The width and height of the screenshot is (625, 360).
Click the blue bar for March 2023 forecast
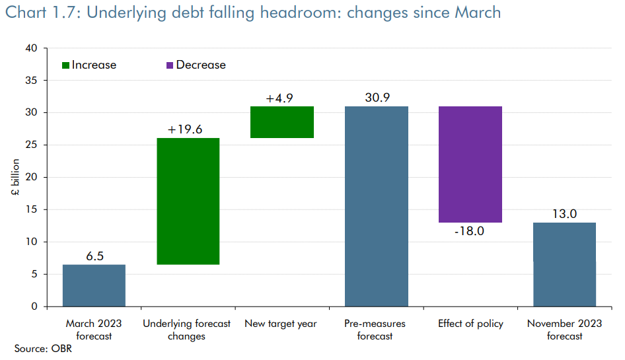[x=94, y=285]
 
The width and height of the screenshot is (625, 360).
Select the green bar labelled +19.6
[x=188, y=201]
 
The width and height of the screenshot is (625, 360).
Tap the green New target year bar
[x=281, y=122]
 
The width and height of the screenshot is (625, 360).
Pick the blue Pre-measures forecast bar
[x=377, y=206]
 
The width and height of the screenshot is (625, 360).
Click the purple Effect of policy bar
[x=470, y=164]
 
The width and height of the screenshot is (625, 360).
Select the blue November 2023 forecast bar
[x=564, y=264]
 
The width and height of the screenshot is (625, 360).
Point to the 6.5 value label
[x=94, y=256]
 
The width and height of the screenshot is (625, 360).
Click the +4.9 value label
[x=279, y=98]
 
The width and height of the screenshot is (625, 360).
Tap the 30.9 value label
[x=377, y=98]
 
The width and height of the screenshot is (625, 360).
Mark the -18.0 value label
[x=469, y=232]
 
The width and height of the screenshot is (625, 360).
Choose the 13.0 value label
[x=564, y=214]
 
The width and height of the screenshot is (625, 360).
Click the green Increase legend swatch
[x=65, y=65]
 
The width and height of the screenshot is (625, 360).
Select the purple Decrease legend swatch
[x=169, y=65]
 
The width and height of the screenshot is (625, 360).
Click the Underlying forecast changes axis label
[x=187, y=330]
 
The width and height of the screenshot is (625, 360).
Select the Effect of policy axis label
[x=470, y=324]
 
